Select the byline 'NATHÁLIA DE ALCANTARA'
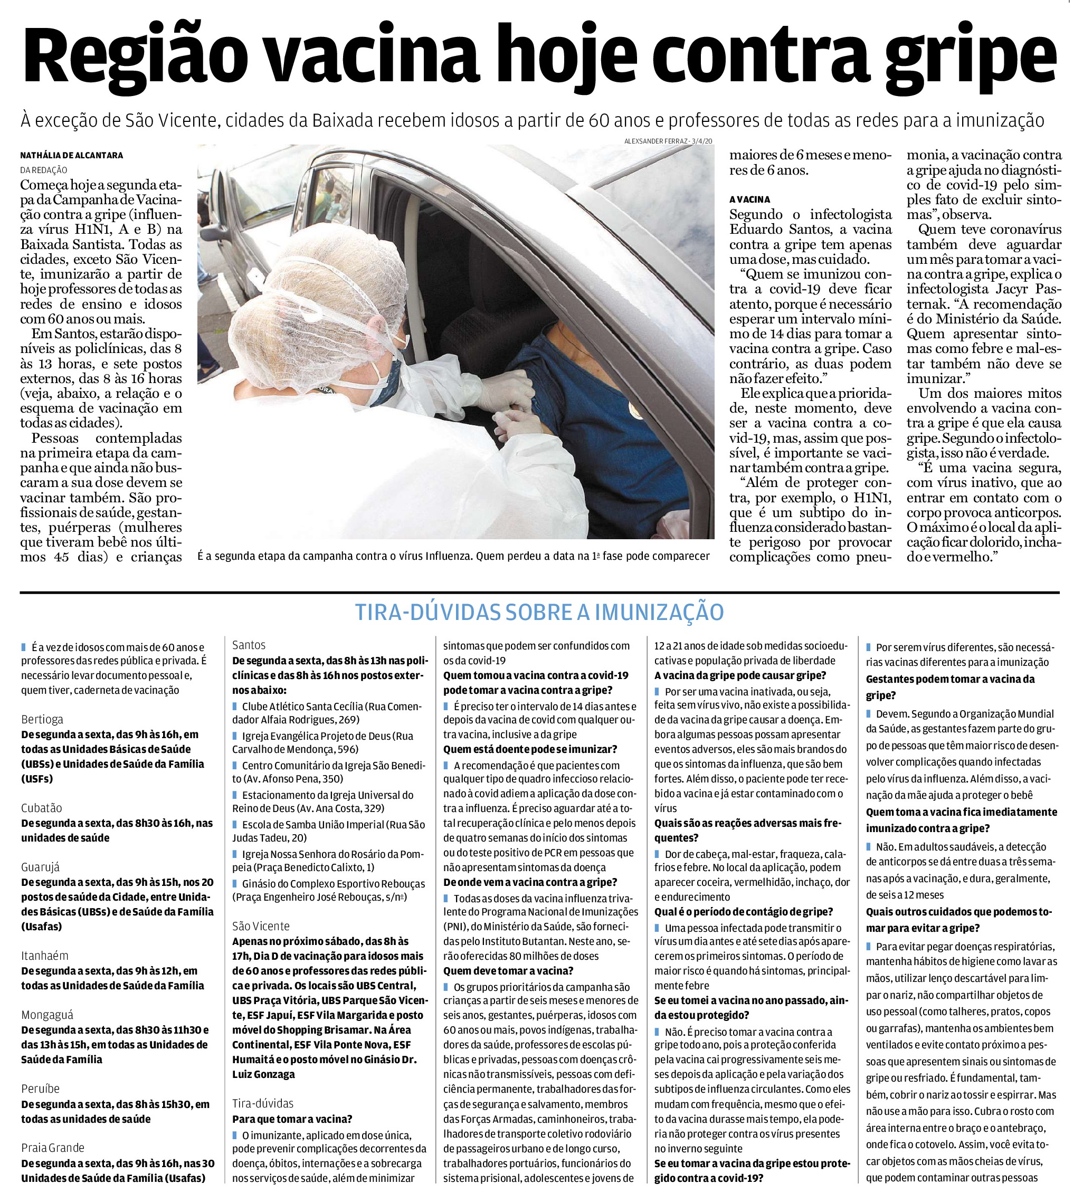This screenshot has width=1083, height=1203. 71,155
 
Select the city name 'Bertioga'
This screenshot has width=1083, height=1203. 42,719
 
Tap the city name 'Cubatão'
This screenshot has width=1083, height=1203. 42,808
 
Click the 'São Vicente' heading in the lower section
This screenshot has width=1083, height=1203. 261,926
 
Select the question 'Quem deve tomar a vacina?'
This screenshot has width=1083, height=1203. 508,970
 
